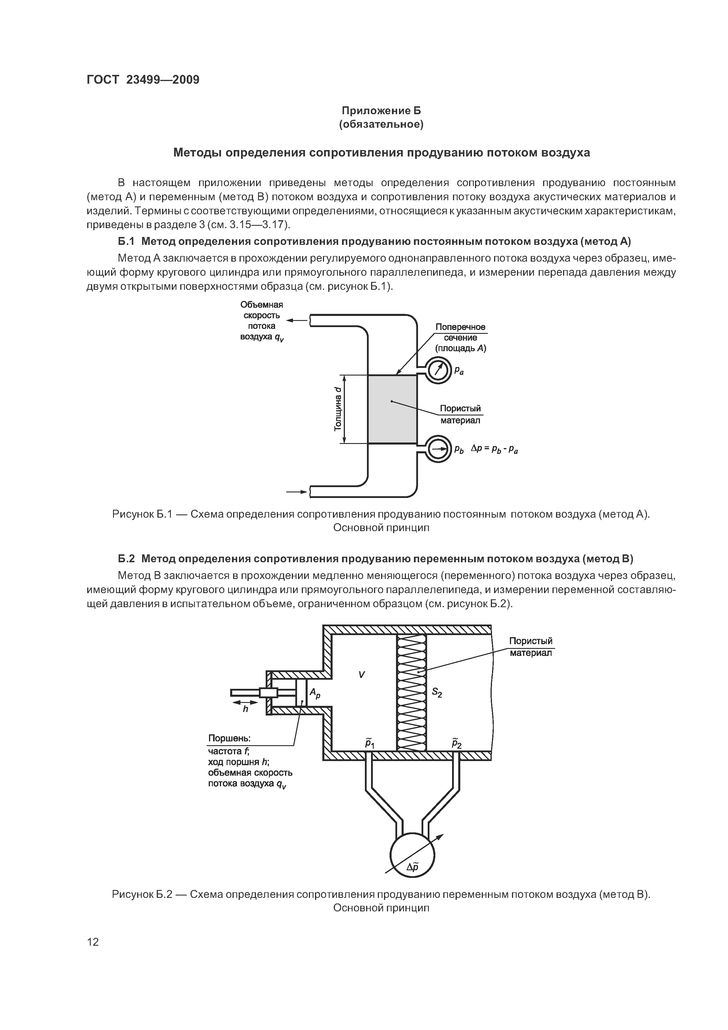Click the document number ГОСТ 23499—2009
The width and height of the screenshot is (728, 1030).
pos(143,80)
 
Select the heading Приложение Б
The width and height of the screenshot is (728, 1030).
pos(381,110)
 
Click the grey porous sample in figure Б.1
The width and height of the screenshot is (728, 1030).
pos(392,409)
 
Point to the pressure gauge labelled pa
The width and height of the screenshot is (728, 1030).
pos(437,370)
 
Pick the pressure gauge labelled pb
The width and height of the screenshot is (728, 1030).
pos(437,449)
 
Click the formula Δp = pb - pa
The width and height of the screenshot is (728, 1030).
pos(494,449)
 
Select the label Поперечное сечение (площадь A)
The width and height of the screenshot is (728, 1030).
pos(460,338)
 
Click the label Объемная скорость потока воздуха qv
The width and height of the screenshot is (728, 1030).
pos(262,321)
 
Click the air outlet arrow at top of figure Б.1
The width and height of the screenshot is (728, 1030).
pos(296,320)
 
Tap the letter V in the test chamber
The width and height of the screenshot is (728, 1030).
pos(362,674)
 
